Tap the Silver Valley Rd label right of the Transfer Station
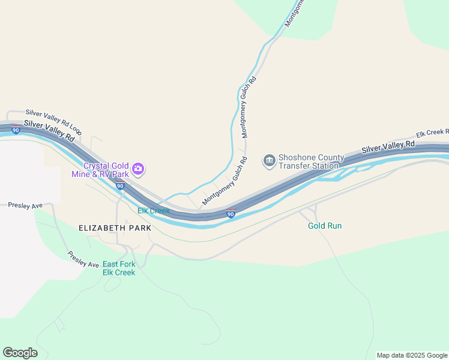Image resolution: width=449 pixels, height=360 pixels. pyautogui.click(x=388, y=147)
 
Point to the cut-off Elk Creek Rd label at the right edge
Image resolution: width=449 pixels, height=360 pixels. pyautogui.click(x=432, y=133)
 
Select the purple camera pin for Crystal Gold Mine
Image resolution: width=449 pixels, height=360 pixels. pyautogui.click(x=139, y=170)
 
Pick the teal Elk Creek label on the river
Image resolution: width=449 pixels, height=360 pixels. pyautogui.click(x=154, y=211)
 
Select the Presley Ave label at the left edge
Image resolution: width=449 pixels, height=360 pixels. pyautogui.click(x=25, y=205)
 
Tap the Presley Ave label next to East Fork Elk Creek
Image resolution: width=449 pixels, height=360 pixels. pyautogui.click(x=83, y=260)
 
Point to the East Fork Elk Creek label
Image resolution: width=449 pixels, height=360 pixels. pyautogui.click(x=119, y=268)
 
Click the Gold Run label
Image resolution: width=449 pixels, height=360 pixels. pyautogui.click(x=325, y=226)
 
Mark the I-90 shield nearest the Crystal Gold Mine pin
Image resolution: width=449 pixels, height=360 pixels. pyautogui.click(x=120, y=185)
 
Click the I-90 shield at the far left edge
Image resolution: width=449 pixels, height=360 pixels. pyautogui.click(x=15, y=129)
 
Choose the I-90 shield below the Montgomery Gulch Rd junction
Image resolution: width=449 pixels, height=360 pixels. pyautogui.click(x=231, y=213)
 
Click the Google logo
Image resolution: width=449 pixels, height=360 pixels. pyautogui.click(x=20, y=353)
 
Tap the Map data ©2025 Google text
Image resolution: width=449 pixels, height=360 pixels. pyautogui.click(x=412, y=355)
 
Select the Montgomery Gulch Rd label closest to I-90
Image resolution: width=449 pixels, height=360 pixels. pyautogui.click(x=225, y=181)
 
